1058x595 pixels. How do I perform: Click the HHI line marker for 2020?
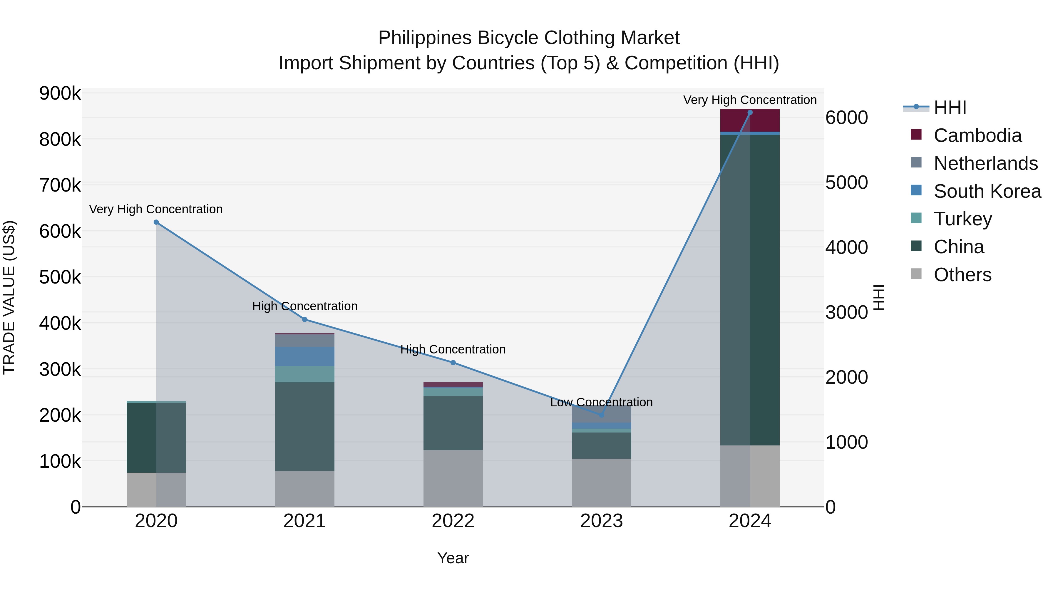point(156,222)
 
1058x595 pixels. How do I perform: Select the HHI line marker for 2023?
point(601,415)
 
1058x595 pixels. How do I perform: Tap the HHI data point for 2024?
point(750,113)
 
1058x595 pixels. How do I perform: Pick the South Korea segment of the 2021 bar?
point(304,356)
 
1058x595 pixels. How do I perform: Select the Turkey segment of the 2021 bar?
point(304,374)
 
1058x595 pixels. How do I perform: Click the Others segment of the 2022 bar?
point(453,478)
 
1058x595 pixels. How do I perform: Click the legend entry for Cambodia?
point(977,135)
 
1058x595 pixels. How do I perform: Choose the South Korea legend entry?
point(987,191)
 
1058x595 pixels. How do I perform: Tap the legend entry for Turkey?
point(963,219)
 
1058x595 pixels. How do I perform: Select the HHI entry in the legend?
point(950,108)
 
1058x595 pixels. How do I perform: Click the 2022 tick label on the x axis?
point(453,521)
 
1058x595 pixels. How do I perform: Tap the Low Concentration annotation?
point(601,403)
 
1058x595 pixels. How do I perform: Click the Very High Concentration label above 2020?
point(156,209)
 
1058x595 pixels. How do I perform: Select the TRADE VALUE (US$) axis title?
point(9,297)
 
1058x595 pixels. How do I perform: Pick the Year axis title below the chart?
point(453,558)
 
